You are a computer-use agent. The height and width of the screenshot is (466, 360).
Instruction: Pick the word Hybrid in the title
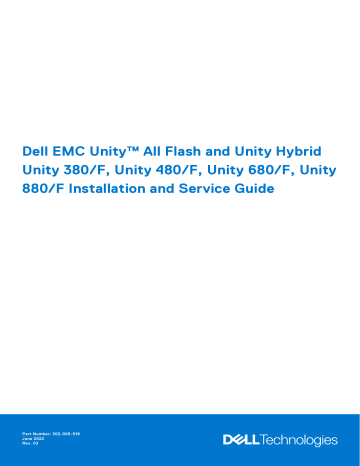313,149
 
